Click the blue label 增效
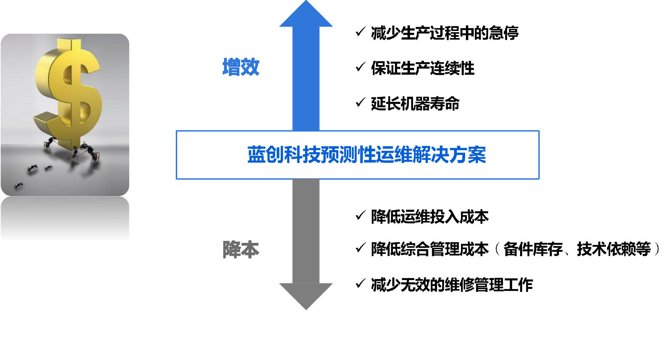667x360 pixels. (x=241, y=67)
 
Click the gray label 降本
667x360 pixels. (x=241, y=249)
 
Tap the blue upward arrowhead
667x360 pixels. (x=306, y=16)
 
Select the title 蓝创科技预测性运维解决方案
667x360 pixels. (x=367, y=155)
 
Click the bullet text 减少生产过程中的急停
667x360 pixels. (x=445, y=33)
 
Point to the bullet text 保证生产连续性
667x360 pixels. (x=422, y=68)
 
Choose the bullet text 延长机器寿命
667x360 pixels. (x=415, y=104)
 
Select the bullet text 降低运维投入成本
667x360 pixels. (x=430, y=217)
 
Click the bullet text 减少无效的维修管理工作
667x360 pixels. (x=452, y=285)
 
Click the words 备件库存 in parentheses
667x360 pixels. (x=533, y=249)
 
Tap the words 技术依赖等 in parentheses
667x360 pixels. (x=614, y=249)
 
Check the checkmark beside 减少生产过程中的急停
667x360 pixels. (x=361, y=32)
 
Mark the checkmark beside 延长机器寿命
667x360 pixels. (x=361, y=102)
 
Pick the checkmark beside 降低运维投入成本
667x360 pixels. (x=361, y=215)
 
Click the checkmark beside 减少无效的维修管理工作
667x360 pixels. (x=361, y=283)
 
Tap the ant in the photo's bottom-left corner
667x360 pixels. (x=18, y=186)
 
